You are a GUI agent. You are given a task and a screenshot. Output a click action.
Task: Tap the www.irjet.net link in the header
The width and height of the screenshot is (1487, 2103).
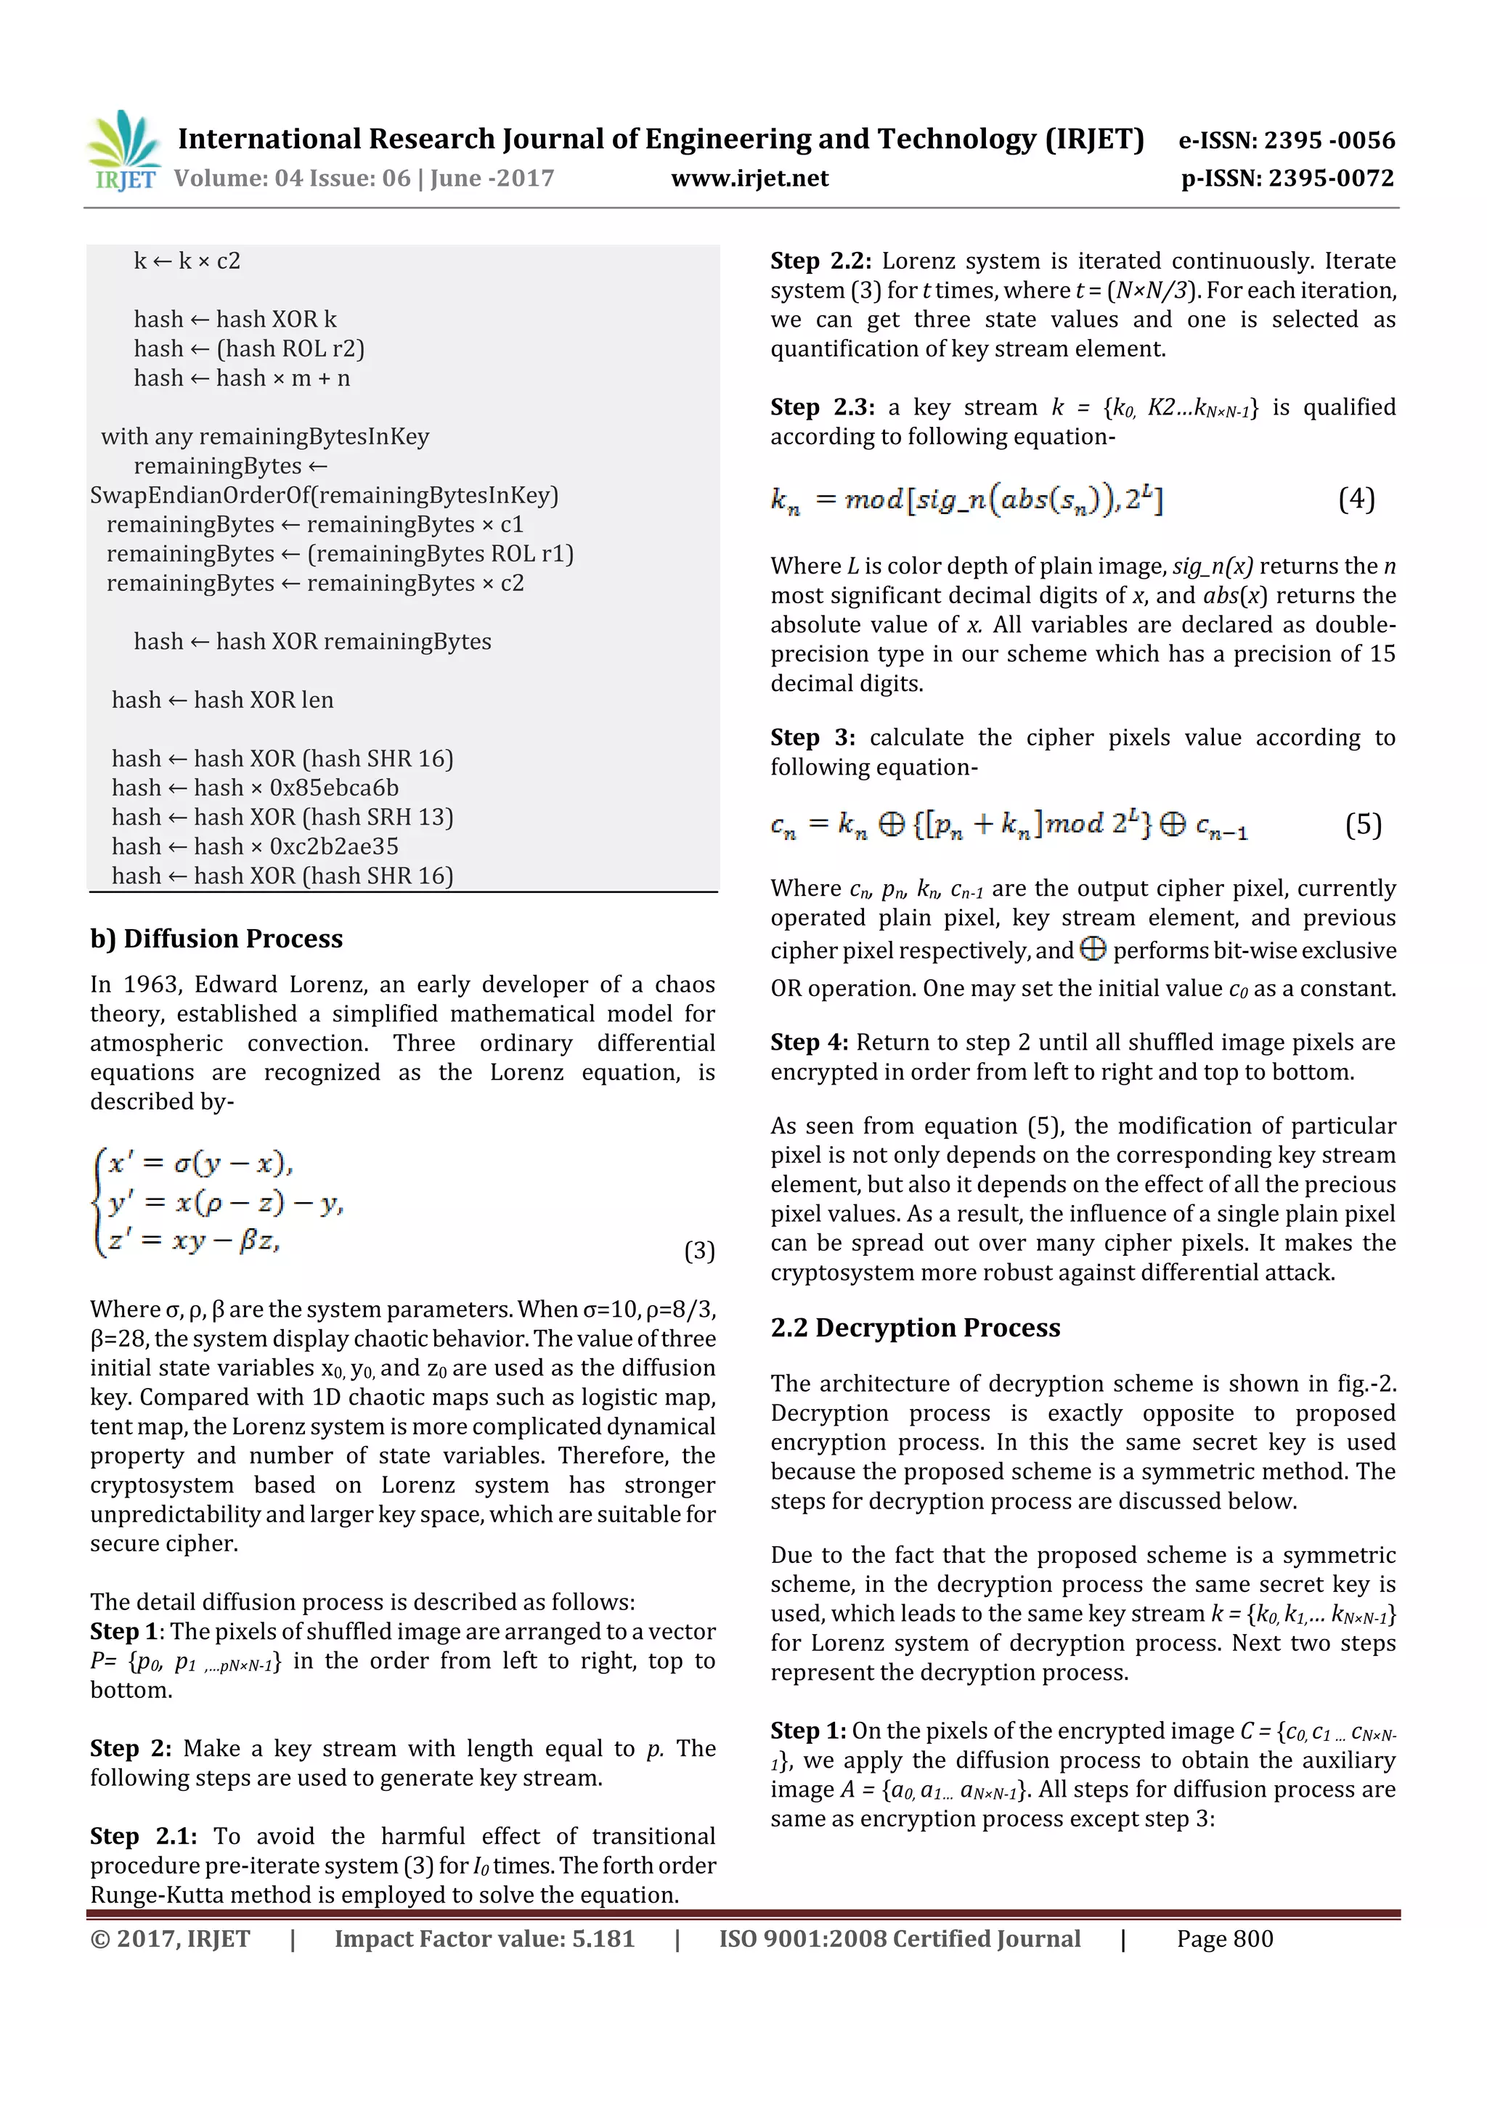749,179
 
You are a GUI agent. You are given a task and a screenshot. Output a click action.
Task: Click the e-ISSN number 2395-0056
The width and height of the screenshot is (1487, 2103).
1329,140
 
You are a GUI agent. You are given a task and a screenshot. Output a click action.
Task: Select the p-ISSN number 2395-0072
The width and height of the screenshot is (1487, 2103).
1331,179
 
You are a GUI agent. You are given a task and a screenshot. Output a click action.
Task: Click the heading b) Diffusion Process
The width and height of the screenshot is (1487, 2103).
216,939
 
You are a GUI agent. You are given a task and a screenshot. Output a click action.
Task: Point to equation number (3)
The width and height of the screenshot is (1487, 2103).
699,1251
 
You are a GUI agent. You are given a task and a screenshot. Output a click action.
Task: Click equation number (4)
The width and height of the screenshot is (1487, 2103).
1356,499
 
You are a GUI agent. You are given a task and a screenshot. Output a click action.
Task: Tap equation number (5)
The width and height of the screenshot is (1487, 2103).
1362,825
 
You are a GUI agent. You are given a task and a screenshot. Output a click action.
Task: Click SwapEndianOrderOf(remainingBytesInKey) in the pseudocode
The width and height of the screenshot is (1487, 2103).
323,496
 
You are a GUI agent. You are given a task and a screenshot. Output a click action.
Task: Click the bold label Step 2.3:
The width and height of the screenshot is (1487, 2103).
822,407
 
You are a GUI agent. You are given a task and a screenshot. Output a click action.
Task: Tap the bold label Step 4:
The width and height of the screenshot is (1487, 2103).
809,1042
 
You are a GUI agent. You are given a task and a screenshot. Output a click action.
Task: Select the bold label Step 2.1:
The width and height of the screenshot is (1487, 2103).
143,1837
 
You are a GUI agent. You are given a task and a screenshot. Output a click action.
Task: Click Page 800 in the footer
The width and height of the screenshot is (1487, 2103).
1224,1939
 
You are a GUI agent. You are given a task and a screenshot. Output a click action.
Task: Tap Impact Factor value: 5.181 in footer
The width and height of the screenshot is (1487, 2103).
484,1939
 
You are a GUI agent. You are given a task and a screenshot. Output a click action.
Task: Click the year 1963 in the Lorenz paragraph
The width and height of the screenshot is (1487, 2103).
152,984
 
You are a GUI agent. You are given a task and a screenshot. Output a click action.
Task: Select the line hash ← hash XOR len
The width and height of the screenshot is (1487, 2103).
223,700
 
